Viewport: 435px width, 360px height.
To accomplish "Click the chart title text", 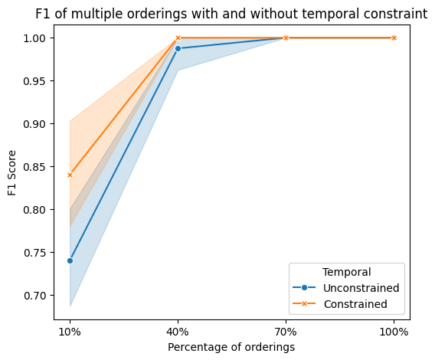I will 231,13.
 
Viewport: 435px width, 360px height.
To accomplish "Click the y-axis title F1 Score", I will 13,172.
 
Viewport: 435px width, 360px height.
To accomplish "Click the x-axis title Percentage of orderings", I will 231,347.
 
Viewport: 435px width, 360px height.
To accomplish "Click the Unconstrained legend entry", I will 361,288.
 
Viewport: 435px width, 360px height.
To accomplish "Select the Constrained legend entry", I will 355,304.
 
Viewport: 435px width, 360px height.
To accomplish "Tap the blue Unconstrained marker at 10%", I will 70,260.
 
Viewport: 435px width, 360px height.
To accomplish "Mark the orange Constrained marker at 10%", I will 70,175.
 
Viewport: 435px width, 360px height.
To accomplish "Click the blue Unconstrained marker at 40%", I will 178,48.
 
